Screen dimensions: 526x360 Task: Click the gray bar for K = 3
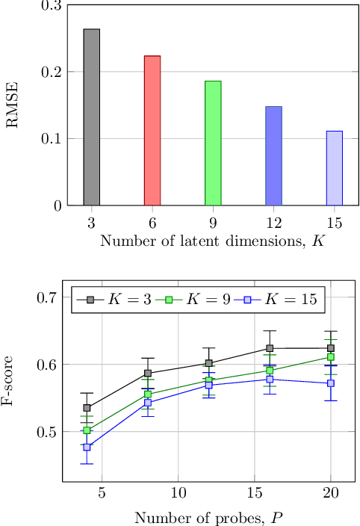(x=91, y=117)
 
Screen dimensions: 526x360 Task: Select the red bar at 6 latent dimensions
(x=152, y=131)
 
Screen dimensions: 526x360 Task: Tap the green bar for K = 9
(x=213, y=143)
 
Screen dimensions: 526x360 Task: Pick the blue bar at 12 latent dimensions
(x=273, y=156)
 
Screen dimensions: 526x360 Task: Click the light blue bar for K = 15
(x=334, y=168)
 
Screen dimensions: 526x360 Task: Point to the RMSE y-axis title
(x=13, y=105)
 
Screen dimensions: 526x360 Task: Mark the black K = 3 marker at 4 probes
(x=87, y=408)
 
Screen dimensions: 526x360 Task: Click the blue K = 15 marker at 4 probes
(x=87, y=448)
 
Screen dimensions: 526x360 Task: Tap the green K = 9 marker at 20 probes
(x=331, y=357)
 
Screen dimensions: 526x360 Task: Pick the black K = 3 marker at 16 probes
(x=270, y=348)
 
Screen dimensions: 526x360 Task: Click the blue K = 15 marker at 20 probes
(x=331, y=383)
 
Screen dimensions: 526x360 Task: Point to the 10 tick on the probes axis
(x=178, y=495)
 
